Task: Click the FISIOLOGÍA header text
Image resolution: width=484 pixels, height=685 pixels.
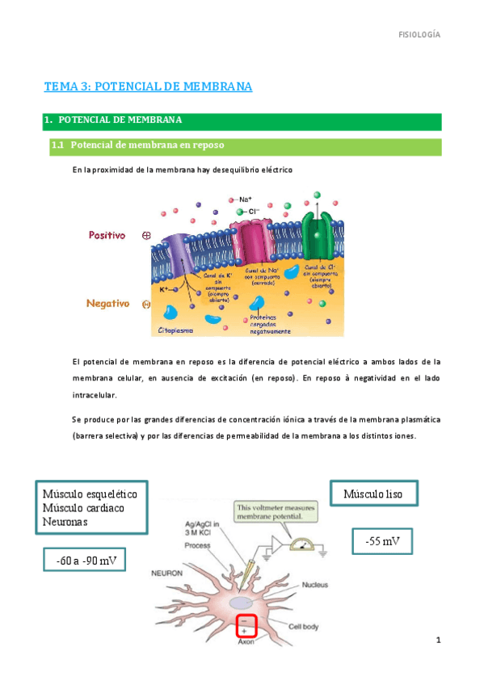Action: (x=420, y=35)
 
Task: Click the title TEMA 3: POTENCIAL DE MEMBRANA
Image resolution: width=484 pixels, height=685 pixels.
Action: (x=148, y=86)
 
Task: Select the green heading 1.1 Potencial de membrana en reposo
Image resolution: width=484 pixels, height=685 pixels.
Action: (x=147, y=145)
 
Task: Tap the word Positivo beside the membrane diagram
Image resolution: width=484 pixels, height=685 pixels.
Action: (x=107, y=235)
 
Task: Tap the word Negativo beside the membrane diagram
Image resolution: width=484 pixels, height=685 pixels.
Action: (x=108, y=304)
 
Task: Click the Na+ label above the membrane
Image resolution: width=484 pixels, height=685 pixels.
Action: (x=245, y=199)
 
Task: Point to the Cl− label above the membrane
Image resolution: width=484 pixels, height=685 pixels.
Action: (x=254, y=211)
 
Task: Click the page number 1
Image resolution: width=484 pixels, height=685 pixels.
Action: (x=437, y=641)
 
